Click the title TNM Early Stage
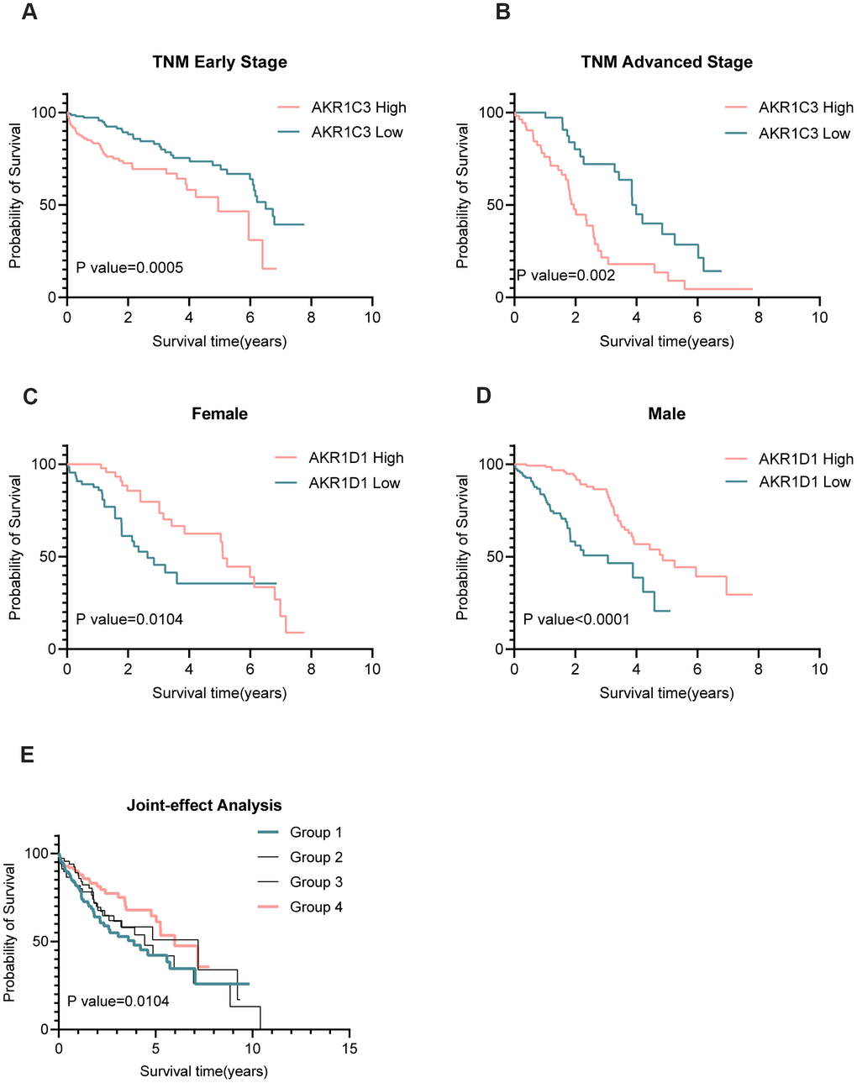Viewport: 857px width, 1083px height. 219,62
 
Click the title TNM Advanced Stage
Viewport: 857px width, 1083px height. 666,62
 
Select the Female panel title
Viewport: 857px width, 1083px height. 219,413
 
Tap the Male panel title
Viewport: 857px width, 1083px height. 666,413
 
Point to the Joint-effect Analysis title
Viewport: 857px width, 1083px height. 204,805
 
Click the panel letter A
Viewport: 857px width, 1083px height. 29,13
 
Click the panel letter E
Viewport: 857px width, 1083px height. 28,754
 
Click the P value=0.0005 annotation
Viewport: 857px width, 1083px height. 129,268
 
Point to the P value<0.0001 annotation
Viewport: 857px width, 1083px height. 576,619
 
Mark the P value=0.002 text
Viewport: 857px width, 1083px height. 566,276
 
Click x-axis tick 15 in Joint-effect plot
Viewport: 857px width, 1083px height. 350,1048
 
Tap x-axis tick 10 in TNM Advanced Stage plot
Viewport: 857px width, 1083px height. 819,317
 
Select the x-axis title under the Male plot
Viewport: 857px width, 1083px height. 666,693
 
